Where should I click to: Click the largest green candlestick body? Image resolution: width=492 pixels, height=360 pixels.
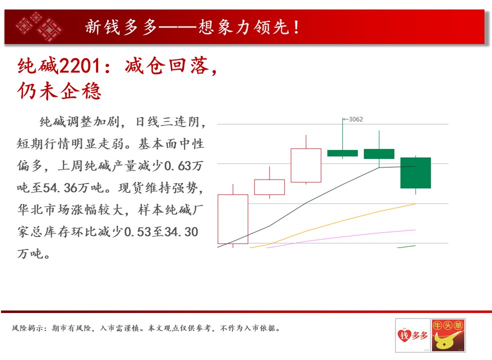pos(415,173)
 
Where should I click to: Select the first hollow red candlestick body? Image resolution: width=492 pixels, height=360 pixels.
pos(233,219)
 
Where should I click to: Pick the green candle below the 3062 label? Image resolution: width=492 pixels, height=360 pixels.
pos(343,153)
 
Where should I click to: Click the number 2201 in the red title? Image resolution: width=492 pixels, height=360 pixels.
pos(80,66)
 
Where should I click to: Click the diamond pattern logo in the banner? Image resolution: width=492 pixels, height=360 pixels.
pos(39,26)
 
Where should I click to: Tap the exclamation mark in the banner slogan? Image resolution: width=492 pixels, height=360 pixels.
pos(296,27)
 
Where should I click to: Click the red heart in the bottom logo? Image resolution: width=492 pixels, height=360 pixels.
pos(404,335)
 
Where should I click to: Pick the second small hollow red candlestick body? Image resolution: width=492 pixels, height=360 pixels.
pos(270,187)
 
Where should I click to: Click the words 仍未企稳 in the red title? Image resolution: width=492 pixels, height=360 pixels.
pos(60,91)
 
